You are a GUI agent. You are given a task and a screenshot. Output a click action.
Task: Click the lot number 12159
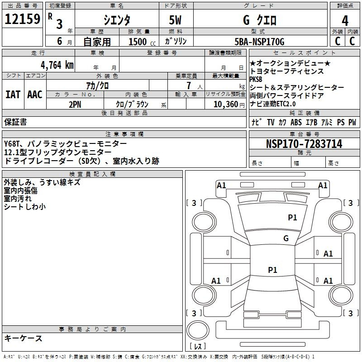22,19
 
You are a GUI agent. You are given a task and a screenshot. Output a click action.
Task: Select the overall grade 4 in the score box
345,21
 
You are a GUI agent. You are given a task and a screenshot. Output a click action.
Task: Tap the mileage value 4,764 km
57,65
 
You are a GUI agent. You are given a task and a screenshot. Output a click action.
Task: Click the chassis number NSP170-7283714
304,144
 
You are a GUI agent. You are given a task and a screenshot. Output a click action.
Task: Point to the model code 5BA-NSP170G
259,42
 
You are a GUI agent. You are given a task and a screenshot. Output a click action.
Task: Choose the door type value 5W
175,20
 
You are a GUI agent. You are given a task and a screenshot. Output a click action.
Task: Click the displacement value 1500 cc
142,42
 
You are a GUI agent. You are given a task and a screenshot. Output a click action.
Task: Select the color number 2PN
75,105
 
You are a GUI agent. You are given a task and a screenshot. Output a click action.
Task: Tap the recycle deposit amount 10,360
226,105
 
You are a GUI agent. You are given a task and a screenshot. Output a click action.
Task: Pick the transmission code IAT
13,95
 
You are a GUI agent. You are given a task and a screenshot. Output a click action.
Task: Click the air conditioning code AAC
35,95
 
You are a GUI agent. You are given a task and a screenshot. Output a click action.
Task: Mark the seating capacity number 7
189,86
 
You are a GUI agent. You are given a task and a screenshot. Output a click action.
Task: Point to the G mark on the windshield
286,238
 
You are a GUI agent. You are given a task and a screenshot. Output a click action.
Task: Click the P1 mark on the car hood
292,218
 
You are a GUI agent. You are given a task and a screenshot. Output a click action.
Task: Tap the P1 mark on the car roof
272,270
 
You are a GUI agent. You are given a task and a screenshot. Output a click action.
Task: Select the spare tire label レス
198,346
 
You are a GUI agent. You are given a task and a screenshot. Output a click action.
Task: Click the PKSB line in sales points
256,79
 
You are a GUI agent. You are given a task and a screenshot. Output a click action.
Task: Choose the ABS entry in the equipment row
296,122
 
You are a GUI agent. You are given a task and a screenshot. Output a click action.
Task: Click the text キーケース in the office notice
23,338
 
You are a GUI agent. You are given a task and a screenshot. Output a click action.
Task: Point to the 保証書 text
15,122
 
